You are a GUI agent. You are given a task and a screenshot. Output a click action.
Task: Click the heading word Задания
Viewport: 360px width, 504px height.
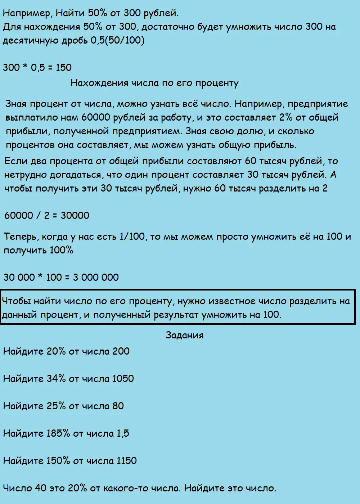tap(184, 335)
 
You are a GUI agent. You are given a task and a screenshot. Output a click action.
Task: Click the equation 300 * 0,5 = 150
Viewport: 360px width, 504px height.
tap(37, 67)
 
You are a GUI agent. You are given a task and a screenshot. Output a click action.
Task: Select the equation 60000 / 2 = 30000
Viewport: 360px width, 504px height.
tap(46, 215)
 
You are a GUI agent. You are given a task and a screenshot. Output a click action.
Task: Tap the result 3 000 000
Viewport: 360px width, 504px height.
tap(96, 277)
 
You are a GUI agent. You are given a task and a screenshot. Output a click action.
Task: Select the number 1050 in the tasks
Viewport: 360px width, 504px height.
tap(123, 378)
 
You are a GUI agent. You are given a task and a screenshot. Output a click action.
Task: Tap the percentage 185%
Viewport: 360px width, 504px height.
tap(58, 433)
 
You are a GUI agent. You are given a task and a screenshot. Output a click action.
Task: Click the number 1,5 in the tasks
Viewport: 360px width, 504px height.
tap(123, 433)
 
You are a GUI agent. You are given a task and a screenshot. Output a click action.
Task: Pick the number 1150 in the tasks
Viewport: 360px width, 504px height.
tap(126, 460)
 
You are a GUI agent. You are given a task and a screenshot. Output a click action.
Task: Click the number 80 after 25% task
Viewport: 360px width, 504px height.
tap(118, 406)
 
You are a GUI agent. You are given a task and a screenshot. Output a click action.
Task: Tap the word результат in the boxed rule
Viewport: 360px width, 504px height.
tap(176, 315)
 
